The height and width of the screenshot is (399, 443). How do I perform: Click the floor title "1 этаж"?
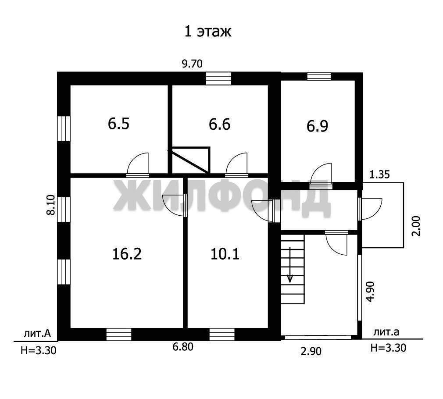pyautogui.click(x=207, y=31)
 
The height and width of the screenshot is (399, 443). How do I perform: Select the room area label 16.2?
pyautogui.click(x=127, y=254)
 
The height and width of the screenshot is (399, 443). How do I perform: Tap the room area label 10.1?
pyautogui.click(x=225, y=254)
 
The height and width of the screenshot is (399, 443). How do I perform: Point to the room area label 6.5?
pyautogui.click(x=119, y=124)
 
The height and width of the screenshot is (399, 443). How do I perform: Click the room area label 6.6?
pyautogui.click(x=219, y=124)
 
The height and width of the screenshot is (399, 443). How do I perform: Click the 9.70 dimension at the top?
pyautogui.click(x=192, y=64)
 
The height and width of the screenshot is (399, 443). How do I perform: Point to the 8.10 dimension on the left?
pyautogui.click(x=51, y=205)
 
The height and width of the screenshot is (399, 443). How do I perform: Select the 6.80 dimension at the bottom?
pyautogui.click(x=183, y=347)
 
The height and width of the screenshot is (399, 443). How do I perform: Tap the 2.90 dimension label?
pyautogui.click(x=311, y=352)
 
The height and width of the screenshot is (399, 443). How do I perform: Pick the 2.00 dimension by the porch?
pyautogui.click(x=416, y=226)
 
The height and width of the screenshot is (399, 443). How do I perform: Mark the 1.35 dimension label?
pyautogui.click(x=380, y=175)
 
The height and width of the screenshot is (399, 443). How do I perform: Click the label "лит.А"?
pyautogui.click(x=37, y=334)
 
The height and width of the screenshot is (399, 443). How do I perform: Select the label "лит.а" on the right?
pyautogui.click(x=386, y=332)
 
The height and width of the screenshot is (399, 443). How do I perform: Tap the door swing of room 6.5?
pyautogui.click(x=138, y=163)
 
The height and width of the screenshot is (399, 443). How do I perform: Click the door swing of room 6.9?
pyautogui.click(x=321, y=173)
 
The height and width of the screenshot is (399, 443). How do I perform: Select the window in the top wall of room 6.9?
pyautogui.click(x=319, y=76)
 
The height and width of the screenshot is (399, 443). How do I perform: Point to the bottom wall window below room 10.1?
pyautogui.click(x=222, y=335)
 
